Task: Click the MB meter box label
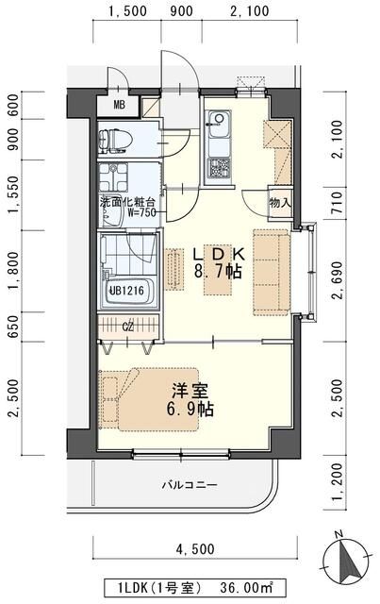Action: tap(120, 105)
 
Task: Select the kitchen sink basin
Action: tap(219, 124)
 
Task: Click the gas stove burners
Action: tap(219, 168)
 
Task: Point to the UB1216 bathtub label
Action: tap(126, 291)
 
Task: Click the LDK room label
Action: tap(219, 254)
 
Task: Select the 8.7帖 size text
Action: tap(218, 272)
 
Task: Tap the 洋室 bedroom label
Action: tap(190, 391)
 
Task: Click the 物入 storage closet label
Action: tap(280, 203)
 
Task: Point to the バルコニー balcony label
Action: tap(190, 484)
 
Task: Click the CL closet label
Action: tap(128, 327)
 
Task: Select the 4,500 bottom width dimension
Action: tap(195, 548)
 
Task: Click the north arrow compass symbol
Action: tap(348, 556)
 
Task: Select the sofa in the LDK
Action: tap(271, 273)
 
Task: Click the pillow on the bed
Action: tap(109, 399)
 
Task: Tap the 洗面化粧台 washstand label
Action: tap(128, 203)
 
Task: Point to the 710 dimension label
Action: tap(336, 203)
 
